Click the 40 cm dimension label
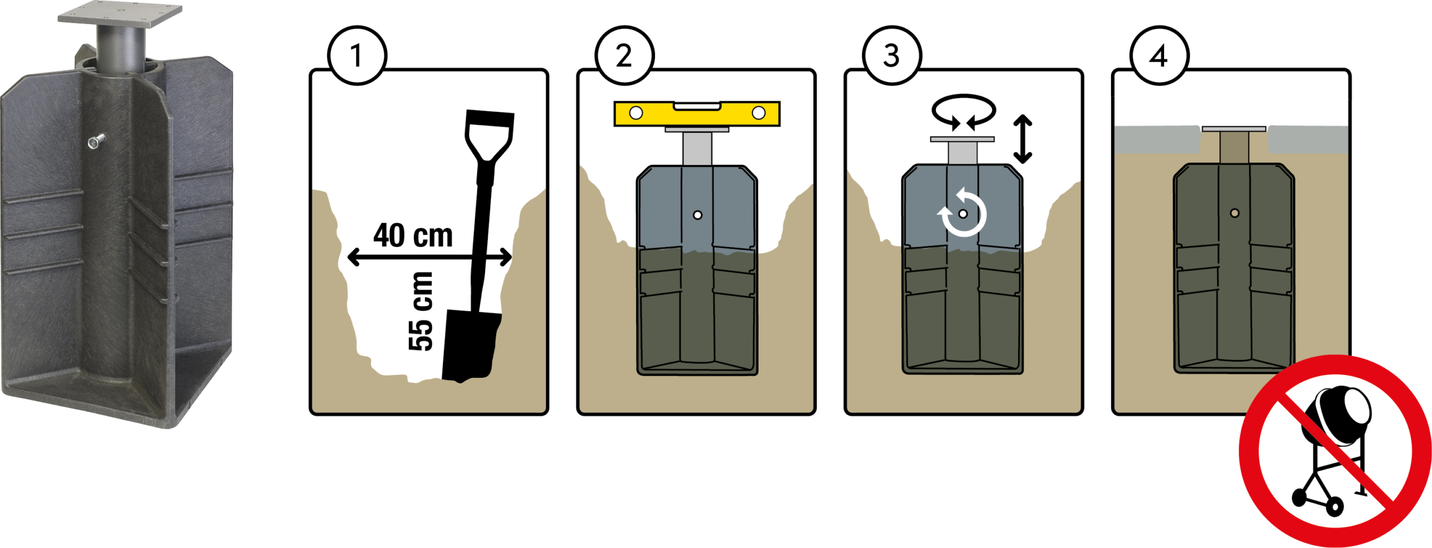click(x=413, y=235)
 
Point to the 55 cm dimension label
click(x=421, y=311)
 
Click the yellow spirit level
click(x=696, y=114)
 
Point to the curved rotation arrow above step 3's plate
click(x=963, y=99)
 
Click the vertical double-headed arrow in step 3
click(x=1023, y=139)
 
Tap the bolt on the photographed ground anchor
click(x=96, y=140)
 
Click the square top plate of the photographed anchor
click(x=120, y=13)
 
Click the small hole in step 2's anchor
click(x=698, y=215)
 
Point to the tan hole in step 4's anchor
click(x=1235, y=213)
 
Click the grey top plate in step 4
click(x=1234, y=129)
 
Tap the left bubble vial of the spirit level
click(x=636, y=113)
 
